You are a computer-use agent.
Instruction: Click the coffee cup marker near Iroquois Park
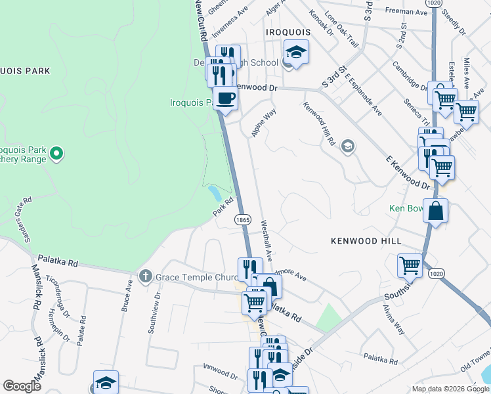(225, 98)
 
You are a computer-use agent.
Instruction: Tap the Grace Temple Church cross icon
(146, 277)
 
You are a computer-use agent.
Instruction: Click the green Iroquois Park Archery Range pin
(56, 154)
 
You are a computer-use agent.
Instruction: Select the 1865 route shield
(242, 220)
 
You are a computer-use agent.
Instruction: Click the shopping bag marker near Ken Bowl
(435, 211)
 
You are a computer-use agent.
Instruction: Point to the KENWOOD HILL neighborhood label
(366, 242)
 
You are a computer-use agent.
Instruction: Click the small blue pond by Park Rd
(214, 193)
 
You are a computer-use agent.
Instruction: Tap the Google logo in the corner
(22, 386)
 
